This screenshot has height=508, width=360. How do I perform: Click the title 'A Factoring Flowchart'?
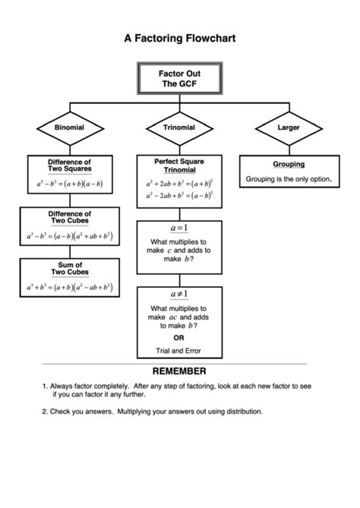179,36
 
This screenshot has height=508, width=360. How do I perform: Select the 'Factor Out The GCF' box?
179,77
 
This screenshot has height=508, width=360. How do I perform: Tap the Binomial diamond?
69,128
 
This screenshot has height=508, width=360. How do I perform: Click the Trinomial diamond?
179,128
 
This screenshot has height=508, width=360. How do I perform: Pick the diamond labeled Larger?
289,128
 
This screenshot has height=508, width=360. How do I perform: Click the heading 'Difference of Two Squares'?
69,166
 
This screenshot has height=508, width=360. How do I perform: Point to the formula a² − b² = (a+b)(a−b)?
69,184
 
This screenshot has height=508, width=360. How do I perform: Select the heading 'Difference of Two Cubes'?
69,218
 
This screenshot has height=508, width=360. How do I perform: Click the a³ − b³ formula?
69,236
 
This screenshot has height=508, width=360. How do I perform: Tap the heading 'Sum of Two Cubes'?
69,268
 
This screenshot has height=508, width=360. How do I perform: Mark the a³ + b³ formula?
69,287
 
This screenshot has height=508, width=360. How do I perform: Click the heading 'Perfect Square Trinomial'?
179,166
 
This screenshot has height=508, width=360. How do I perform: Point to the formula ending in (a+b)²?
179,183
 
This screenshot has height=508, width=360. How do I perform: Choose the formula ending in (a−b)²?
179,196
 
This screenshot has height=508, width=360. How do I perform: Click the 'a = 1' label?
179,228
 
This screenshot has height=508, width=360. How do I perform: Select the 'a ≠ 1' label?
179,294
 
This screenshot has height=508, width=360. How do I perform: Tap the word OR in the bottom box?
179,338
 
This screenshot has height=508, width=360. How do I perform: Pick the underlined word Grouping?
289,164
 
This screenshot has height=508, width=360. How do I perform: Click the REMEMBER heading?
179,371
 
